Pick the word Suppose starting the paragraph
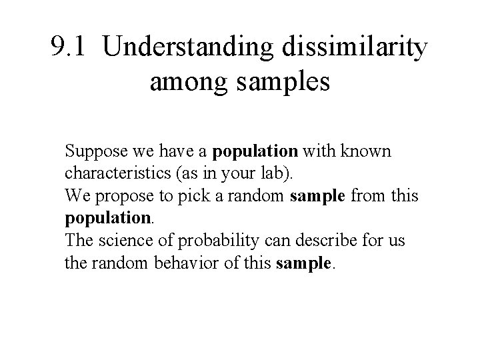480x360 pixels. (91, 152)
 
